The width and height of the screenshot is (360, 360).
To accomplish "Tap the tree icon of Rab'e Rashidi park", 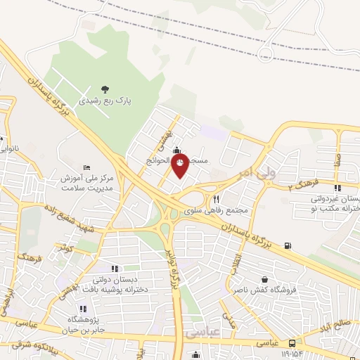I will (x=105, y=89).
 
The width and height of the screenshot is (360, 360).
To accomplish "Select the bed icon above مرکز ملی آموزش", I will (x=86, y=167).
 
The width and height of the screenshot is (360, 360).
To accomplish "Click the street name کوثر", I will (x=68, y=248).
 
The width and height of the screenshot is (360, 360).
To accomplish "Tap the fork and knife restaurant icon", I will (x=217, y=199).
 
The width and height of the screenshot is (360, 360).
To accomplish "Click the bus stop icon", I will (x=292, y=343).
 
